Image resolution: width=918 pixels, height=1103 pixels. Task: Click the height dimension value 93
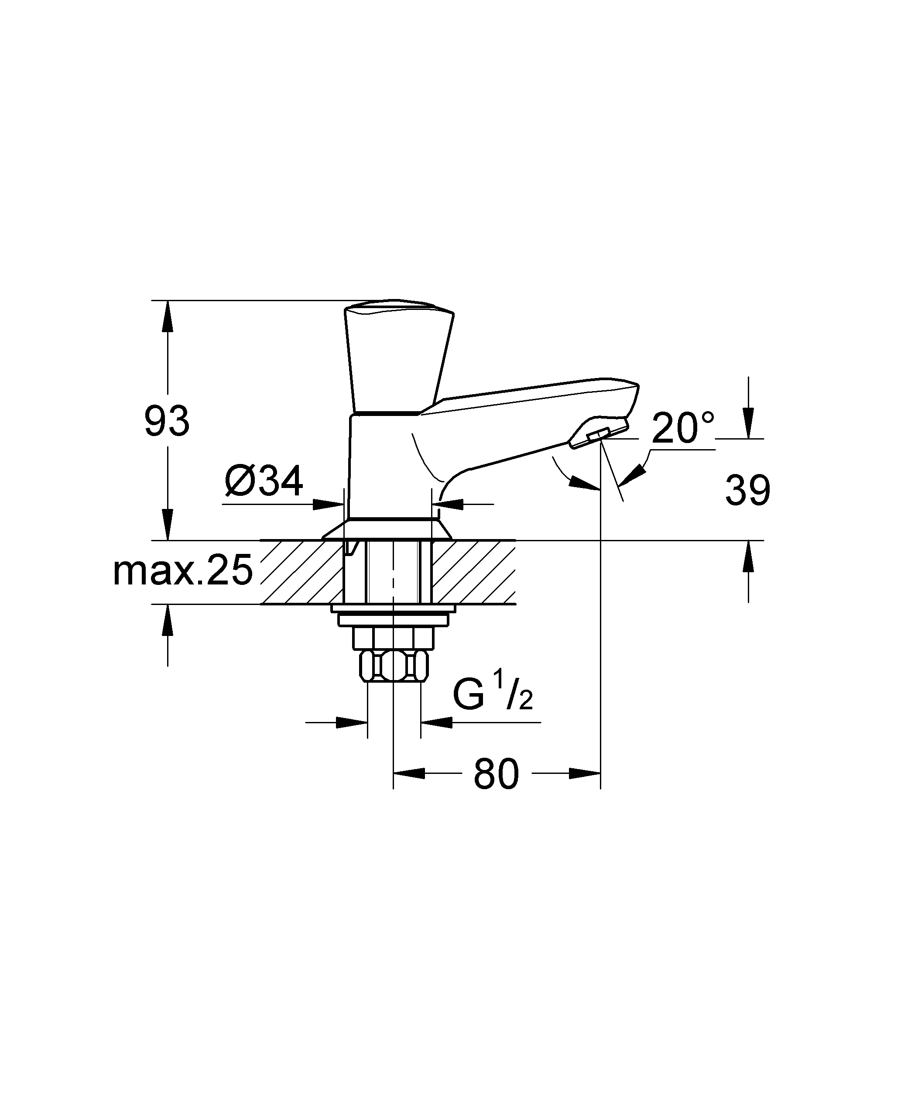167,422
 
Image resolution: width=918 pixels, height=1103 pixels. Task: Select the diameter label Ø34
264,481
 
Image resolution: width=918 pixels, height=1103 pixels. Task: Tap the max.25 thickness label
183,571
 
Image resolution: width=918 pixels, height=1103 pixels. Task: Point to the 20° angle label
683,428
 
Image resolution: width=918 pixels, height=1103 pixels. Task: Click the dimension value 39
747,491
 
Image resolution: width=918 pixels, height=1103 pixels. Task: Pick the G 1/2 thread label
493,697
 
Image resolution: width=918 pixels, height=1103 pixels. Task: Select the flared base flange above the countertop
387,529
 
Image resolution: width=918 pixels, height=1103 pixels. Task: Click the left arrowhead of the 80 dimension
408,773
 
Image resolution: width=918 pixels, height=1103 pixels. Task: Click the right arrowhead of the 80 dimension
585,773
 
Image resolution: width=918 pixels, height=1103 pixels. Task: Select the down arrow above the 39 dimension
748,423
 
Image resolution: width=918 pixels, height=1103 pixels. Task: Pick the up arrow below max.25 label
168,620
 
